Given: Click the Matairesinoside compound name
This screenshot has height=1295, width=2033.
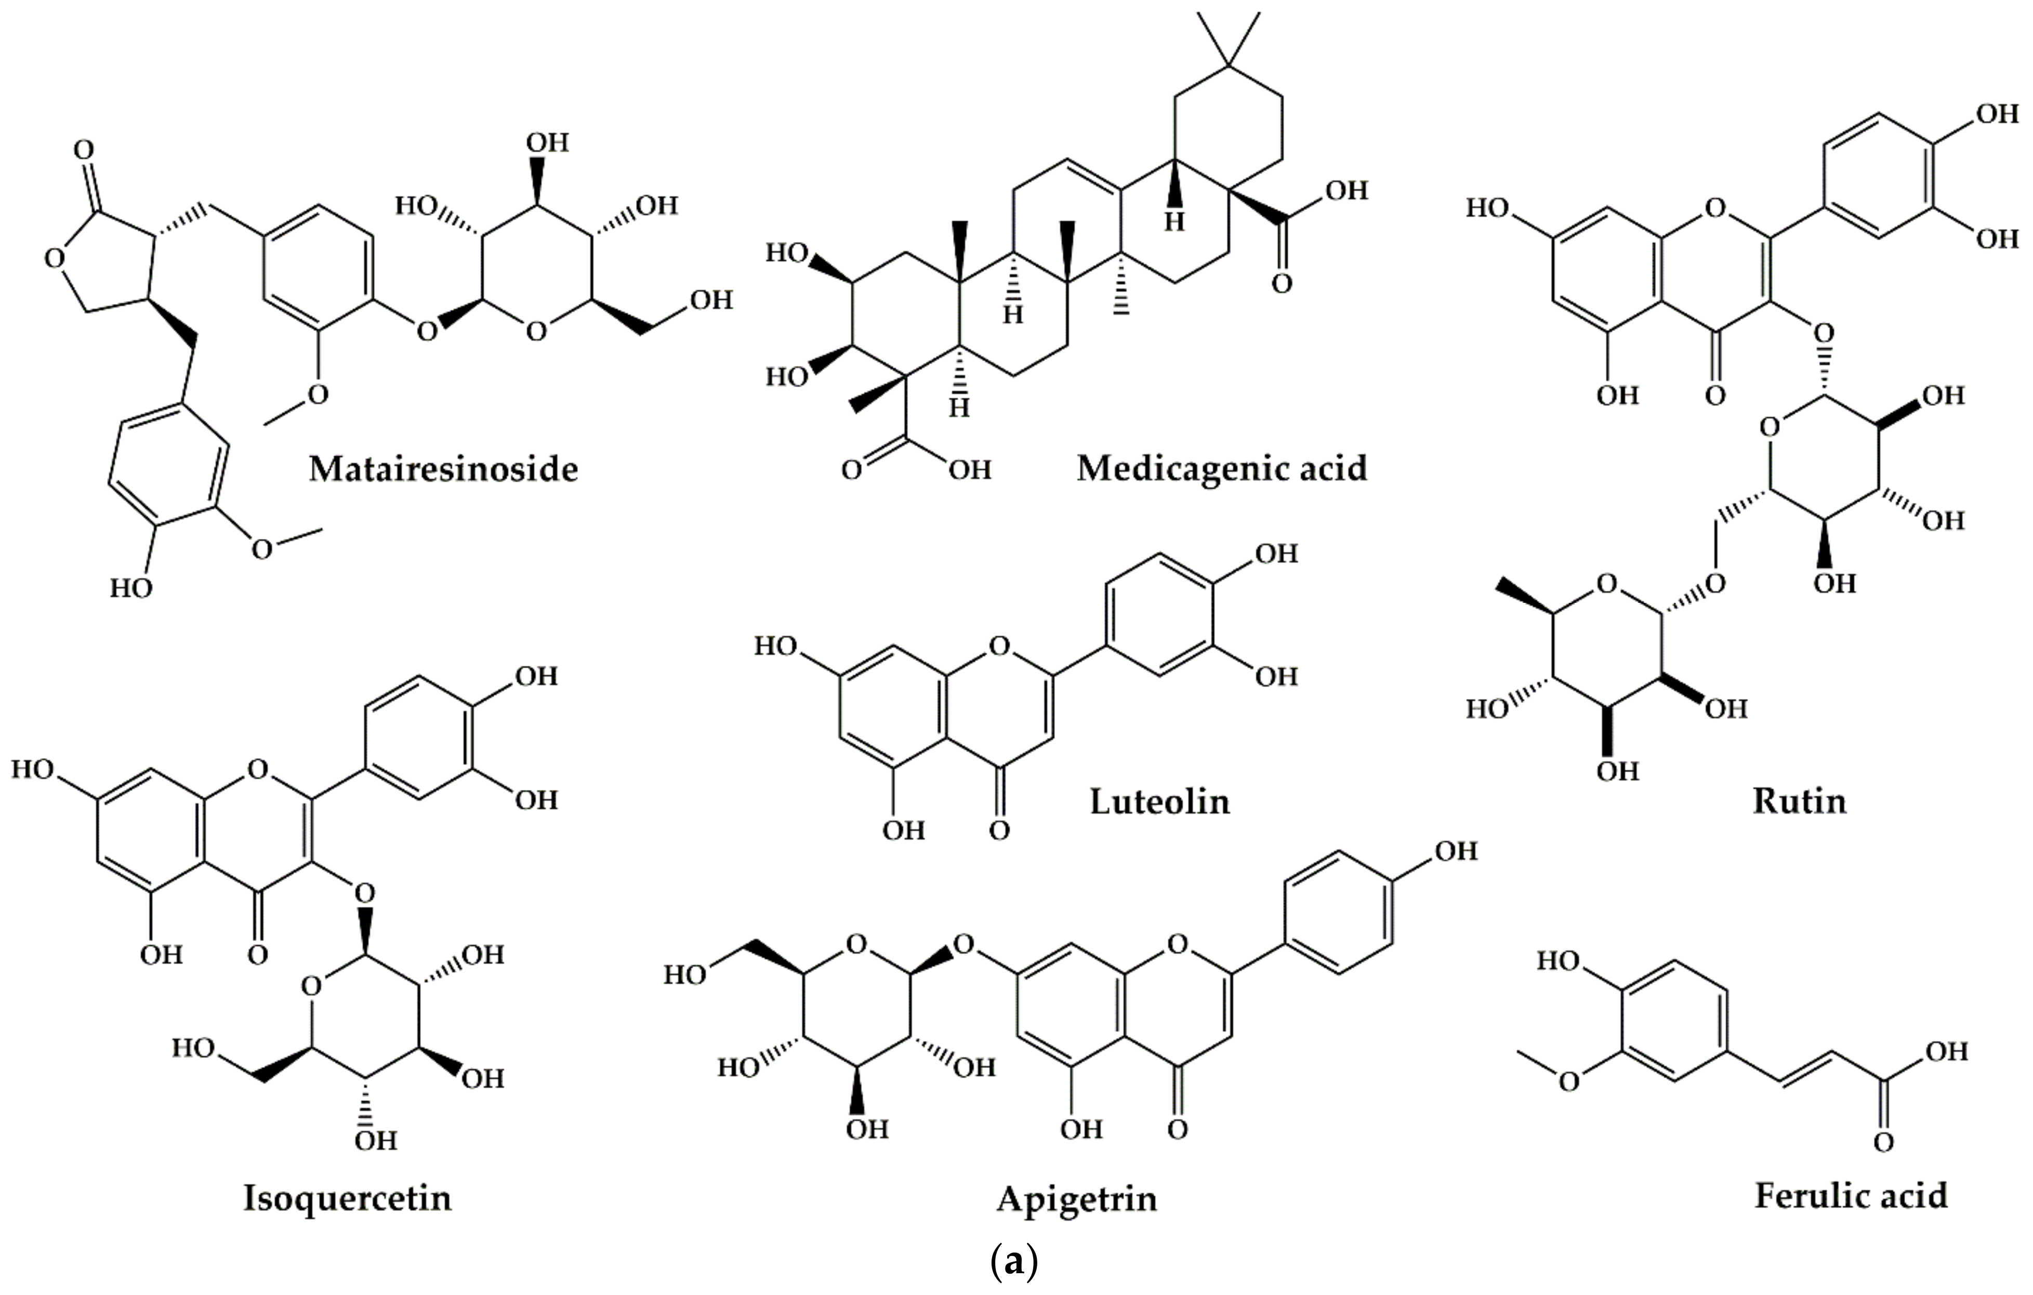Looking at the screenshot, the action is [x=443, y=469].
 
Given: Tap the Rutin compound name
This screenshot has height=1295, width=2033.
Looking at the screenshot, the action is [x=1799, y=800].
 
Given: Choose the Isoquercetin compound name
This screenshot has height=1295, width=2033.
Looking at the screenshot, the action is [x=347, y=1197].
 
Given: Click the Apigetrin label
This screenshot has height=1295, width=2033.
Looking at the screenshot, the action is [x=1076, y=1198].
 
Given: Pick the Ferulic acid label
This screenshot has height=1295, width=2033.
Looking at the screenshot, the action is [x=1852, y=1195].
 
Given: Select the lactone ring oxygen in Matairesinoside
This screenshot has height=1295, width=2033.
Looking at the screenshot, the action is [x=55, y=257].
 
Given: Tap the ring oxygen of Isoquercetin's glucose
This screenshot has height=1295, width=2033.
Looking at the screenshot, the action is [x=311, y=985].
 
